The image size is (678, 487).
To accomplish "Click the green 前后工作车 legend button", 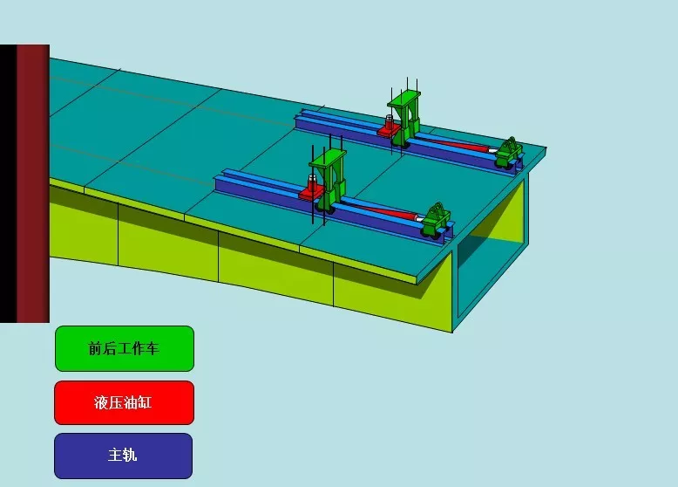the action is point(125,348).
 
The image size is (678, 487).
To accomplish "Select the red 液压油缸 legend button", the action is point(124,402).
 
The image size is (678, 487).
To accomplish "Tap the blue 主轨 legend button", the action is point(123,456).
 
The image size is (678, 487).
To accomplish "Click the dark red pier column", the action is point(33,183).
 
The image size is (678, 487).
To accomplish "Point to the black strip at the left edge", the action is point(8,183).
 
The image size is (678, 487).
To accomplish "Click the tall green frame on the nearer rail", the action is point(329,180).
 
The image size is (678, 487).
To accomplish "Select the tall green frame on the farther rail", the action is point(405,118).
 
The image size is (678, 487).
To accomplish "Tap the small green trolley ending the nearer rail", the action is point(437,221).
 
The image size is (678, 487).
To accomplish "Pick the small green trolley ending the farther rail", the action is point(509,153).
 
